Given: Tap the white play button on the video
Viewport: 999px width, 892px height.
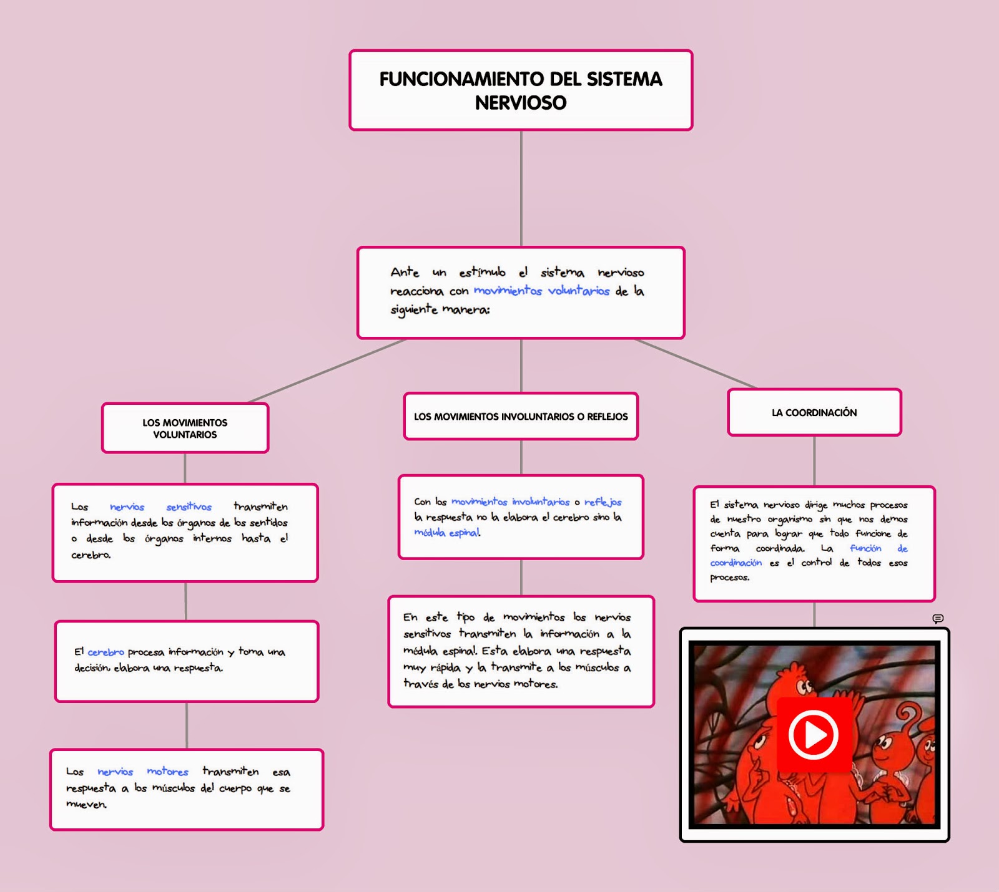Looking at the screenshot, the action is (x=813, y=734).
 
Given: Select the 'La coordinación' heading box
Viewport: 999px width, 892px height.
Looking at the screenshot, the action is (x=814, y=412).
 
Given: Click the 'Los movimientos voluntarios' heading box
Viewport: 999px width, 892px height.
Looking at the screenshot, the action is (x=185, y=429).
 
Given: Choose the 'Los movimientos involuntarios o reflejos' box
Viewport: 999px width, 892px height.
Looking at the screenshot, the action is (x=521, y=416).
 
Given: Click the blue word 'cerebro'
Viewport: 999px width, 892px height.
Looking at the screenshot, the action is (x=106, y=652).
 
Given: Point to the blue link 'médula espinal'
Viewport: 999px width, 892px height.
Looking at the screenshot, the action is (x=446, y=532).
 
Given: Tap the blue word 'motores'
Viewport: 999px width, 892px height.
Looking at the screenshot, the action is (x=167, y=772).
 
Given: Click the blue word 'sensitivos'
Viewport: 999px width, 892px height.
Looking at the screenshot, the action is (x=189, y=507).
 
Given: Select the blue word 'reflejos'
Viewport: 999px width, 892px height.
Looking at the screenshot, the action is (x=603, y=502).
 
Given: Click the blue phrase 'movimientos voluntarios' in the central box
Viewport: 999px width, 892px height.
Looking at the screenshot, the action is (x=541, y=291).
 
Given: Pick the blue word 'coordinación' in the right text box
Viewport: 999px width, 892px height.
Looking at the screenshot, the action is (x=736, y=563).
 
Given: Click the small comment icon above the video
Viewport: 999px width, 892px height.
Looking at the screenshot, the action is (x=938, y=618).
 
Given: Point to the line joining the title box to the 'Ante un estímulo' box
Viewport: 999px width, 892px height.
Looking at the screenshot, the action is (x=521, y=187).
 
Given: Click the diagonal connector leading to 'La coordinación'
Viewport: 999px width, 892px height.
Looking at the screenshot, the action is (x=696, y=364).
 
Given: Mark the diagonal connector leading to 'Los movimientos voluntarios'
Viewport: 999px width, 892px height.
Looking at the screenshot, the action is (x=328, y=371).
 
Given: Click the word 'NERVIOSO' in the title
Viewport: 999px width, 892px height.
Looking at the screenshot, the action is (x=521, y=102).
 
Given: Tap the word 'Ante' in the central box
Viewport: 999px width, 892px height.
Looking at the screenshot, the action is (x=405, y=272).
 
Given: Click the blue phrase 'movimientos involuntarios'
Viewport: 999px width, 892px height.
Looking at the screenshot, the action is (x=510, y=502).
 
